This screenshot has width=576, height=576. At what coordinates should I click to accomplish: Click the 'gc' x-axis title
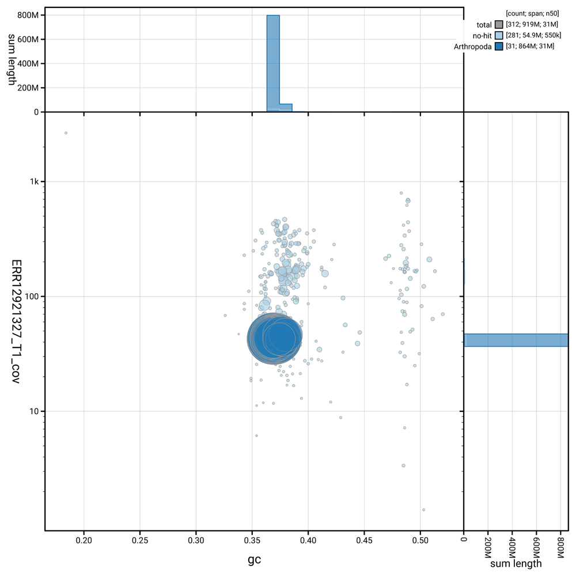click(x=255, y=559)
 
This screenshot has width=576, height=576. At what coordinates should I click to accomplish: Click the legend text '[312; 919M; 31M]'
click(x=530, y=25)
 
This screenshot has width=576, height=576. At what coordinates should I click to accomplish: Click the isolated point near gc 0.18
click(x=66, y=133)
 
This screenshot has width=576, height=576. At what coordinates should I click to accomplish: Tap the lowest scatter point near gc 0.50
click(x=423, y=509)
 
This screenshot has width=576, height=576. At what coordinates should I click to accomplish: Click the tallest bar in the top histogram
click(x=273, y=63)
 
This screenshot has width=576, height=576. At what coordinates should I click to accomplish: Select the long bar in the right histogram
click(x=516, y=340)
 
